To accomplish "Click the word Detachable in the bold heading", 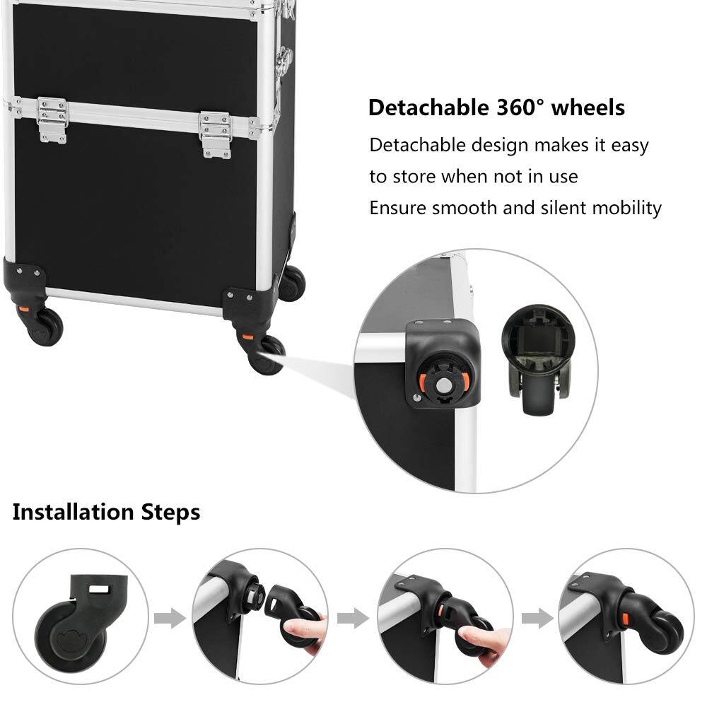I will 425,107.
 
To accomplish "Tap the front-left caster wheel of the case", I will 45,327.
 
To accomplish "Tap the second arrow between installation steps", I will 353,619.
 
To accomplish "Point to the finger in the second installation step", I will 311,627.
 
